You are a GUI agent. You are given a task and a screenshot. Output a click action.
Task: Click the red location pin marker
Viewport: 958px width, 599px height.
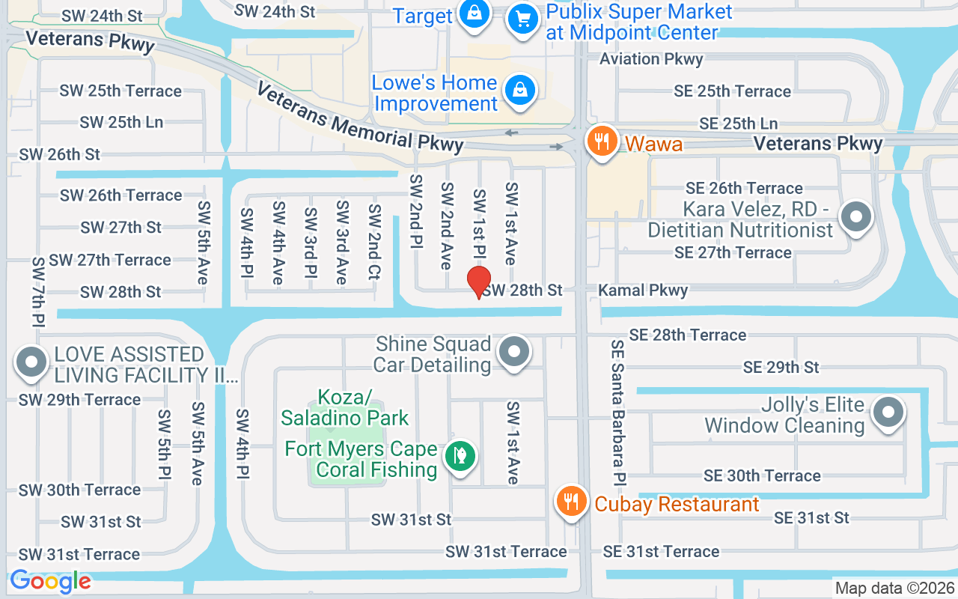479,282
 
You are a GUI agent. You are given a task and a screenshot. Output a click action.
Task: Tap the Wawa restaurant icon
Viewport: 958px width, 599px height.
600,141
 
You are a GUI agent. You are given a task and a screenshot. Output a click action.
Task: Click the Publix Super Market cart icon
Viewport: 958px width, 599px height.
524,18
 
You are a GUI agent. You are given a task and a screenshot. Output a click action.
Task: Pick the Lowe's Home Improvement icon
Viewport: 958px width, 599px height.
518,91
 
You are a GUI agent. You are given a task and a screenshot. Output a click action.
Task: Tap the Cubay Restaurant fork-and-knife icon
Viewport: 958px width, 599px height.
573,501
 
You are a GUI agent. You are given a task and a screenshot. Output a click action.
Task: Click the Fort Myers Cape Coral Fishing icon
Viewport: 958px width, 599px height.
460,455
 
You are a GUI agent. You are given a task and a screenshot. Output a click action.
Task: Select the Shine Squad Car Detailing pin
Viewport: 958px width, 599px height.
514,351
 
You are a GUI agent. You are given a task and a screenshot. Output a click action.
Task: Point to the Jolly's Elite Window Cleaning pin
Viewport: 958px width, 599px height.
889,411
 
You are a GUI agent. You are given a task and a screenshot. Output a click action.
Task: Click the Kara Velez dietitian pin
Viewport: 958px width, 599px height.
856,217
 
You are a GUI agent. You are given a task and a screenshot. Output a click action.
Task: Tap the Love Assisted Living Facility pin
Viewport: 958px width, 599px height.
31,362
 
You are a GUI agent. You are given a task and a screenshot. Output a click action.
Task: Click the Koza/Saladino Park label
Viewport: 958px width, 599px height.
345,407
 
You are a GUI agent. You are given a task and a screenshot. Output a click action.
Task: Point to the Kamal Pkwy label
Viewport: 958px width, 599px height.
643,291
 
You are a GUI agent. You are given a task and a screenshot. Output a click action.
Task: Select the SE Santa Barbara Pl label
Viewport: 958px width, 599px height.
618,412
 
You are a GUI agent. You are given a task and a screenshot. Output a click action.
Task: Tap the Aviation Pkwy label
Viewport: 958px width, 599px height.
651,59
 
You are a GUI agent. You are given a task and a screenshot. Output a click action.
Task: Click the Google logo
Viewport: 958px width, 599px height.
51,581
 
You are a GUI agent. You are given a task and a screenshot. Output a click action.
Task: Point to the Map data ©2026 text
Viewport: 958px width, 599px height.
895,589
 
